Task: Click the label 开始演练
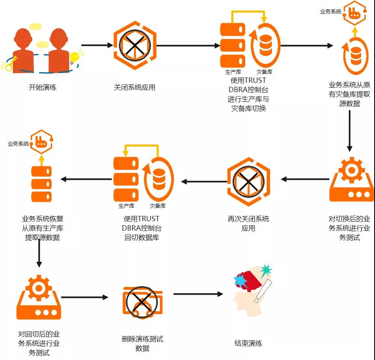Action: pos(42,87)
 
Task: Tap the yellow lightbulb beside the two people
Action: pos(74,58)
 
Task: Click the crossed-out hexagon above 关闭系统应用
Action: pos(134,45)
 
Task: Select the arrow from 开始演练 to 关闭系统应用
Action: pos(97,45)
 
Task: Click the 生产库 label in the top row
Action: pos(233,72)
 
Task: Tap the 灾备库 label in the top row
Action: pos(264,72)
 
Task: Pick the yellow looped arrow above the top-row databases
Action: pos(248,15)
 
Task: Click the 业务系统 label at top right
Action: pos(331,12)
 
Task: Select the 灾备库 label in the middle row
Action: pos(157,206)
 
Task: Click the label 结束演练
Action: pos(248,343)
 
